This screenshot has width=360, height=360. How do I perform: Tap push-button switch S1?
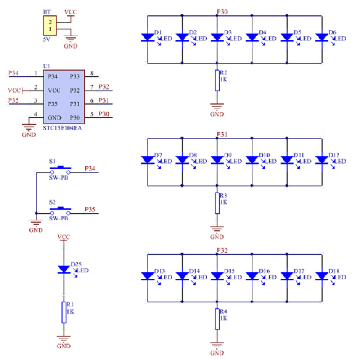coord(60,169)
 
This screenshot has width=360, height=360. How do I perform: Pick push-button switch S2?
coord(60,210)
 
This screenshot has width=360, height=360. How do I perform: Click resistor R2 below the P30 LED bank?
coord(217,81)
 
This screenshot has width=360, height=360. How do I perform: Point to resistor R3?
coord(217,203)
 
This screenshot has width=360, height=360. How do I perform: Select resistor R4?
coord(217,319)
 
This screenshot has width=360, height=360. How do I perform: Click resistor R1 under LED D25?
coord(64,312)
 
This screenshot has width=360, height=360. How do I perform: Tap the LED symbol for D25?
coord(64,269)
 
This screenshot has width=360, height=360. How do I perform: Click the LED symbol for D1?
coord(148,37)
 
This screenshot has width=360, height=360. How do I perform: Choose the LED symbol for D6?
coord(322,37)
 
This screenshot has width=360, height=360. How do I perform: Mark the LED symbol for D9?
coord(217,160)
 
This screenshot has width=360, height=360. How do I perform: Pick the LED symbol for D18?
coord(322,275)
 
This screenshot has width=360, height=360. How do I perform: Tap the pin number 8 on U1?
coord(92,73)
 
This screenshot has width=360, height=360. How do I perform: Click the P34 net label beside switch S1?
coord(90,169)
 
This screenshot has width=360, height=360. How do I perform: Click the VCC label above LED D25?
coord(64,236)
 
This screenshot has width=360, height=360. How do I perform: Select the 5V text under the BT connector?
coord(47,40)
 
